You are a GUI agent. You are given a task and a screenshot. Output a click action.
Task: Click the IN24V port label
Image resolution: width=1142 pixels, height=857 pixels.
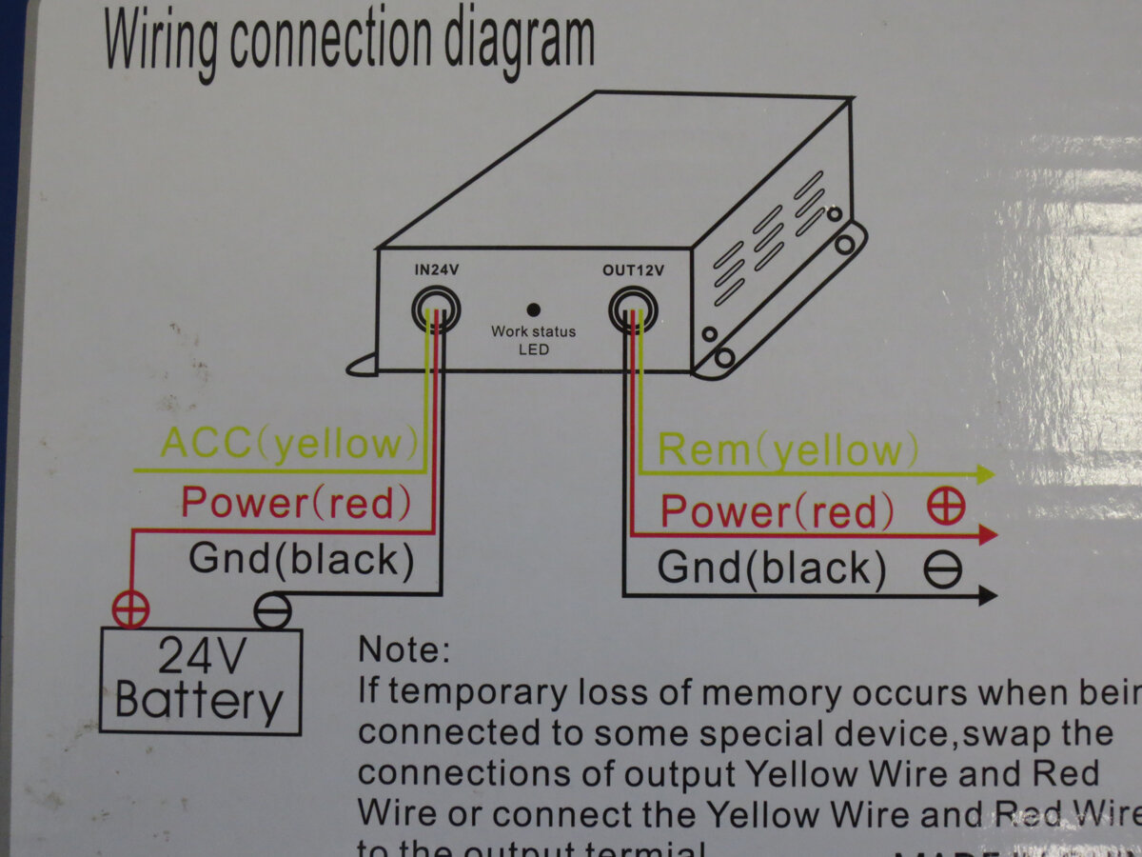(437, 269)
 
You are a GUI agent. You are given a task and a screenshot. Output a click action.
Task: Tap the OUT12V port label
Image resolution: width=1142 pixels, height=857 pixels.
(633, 269)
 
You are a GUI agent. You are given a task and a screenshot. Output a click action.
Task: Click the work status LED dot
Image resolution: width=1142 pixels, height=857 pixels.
(533, 309)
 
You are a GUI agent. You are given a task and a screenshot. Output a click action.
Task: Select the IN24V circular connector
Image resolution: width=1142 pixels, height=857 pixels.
(437, 309)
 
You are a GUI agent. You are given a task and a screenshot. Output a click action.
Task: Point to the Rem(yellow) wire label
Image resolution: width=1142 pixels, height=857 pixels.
(788, 449)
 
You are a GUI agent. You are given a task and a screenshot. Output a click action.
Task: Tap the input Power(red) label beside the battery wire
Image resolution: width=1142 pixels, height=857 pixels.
(296, 502)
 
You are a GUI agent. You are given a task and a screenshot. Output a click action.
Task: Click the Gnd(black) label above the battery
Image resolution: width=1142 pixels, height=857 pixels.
(301, 560)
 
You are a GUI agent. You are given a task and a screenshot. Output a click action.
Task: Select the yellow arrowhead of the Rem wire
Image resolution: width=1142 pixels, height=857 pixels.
(985, 474)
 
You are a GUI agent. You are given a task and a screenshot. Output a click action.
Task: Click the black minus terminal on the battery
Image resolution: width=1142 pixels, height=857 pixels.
(273, 610)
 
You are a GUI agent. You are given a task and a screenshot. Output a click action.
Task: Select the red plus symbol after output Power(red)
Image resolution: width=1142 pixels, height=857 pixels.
(946, 508)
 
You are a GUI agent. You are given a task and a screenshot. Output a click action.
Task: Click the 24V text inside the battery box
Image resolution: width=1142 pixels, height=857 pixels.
(201, 656)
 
